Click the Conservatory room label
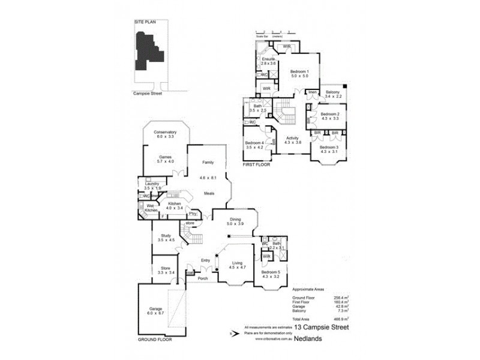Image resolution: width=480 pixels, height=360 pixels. coord(165,134)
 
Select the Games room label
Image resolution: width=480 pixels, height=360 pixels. coord(165,159)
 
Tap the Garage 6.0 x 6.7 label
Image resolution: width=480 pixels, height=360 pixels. coord(155,311)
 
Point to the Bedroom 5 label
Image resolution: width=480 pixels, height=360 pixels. coord(271,274)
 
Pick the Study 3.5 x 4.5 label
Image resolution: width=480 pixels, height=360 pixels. coord(165,238)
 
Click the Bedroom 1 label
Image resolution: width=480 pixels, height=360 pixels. coord(299,74)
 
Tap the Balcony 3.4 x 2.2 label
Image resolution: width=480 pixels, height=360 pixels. coord(332,94)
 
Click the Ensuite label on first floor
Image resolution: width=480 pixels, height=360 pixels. coord(268,61)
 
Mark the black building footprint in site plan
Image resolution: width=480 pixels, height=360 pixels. coord(146,51)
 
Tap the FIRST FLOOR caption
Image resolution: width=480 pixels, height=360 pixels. coord(256,164)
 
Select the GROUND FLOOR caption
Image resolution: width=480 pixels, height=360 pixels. coord(155,339)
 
